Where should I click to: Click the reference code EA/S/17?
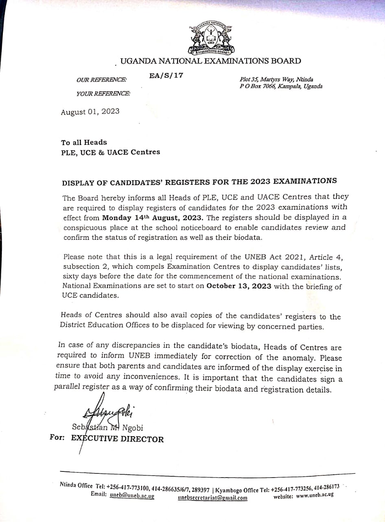coord(166,75)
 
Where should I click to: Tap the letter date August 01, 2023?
coord(90,112)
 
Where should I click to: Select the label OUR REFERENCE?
coord(101,80)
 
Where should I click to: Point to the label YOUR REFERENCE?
coord(103,94)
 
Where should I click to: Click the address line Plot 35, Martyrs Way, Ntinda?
coord(276,80)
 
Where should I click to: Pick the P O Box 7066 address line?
coord(281,86)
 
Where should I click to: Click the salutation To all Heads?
coord(84,142)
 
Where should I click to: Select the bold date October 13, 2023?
coord(239,286)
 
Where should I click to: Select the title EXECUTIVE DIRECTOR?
coord(117,439)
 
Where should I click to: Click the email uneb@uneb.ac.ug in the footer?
coord(132,496)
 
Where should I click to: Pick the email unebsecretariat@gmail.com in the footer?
coord(212,498)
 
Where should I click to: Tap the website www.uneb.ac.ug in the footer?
coord(315,494)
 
